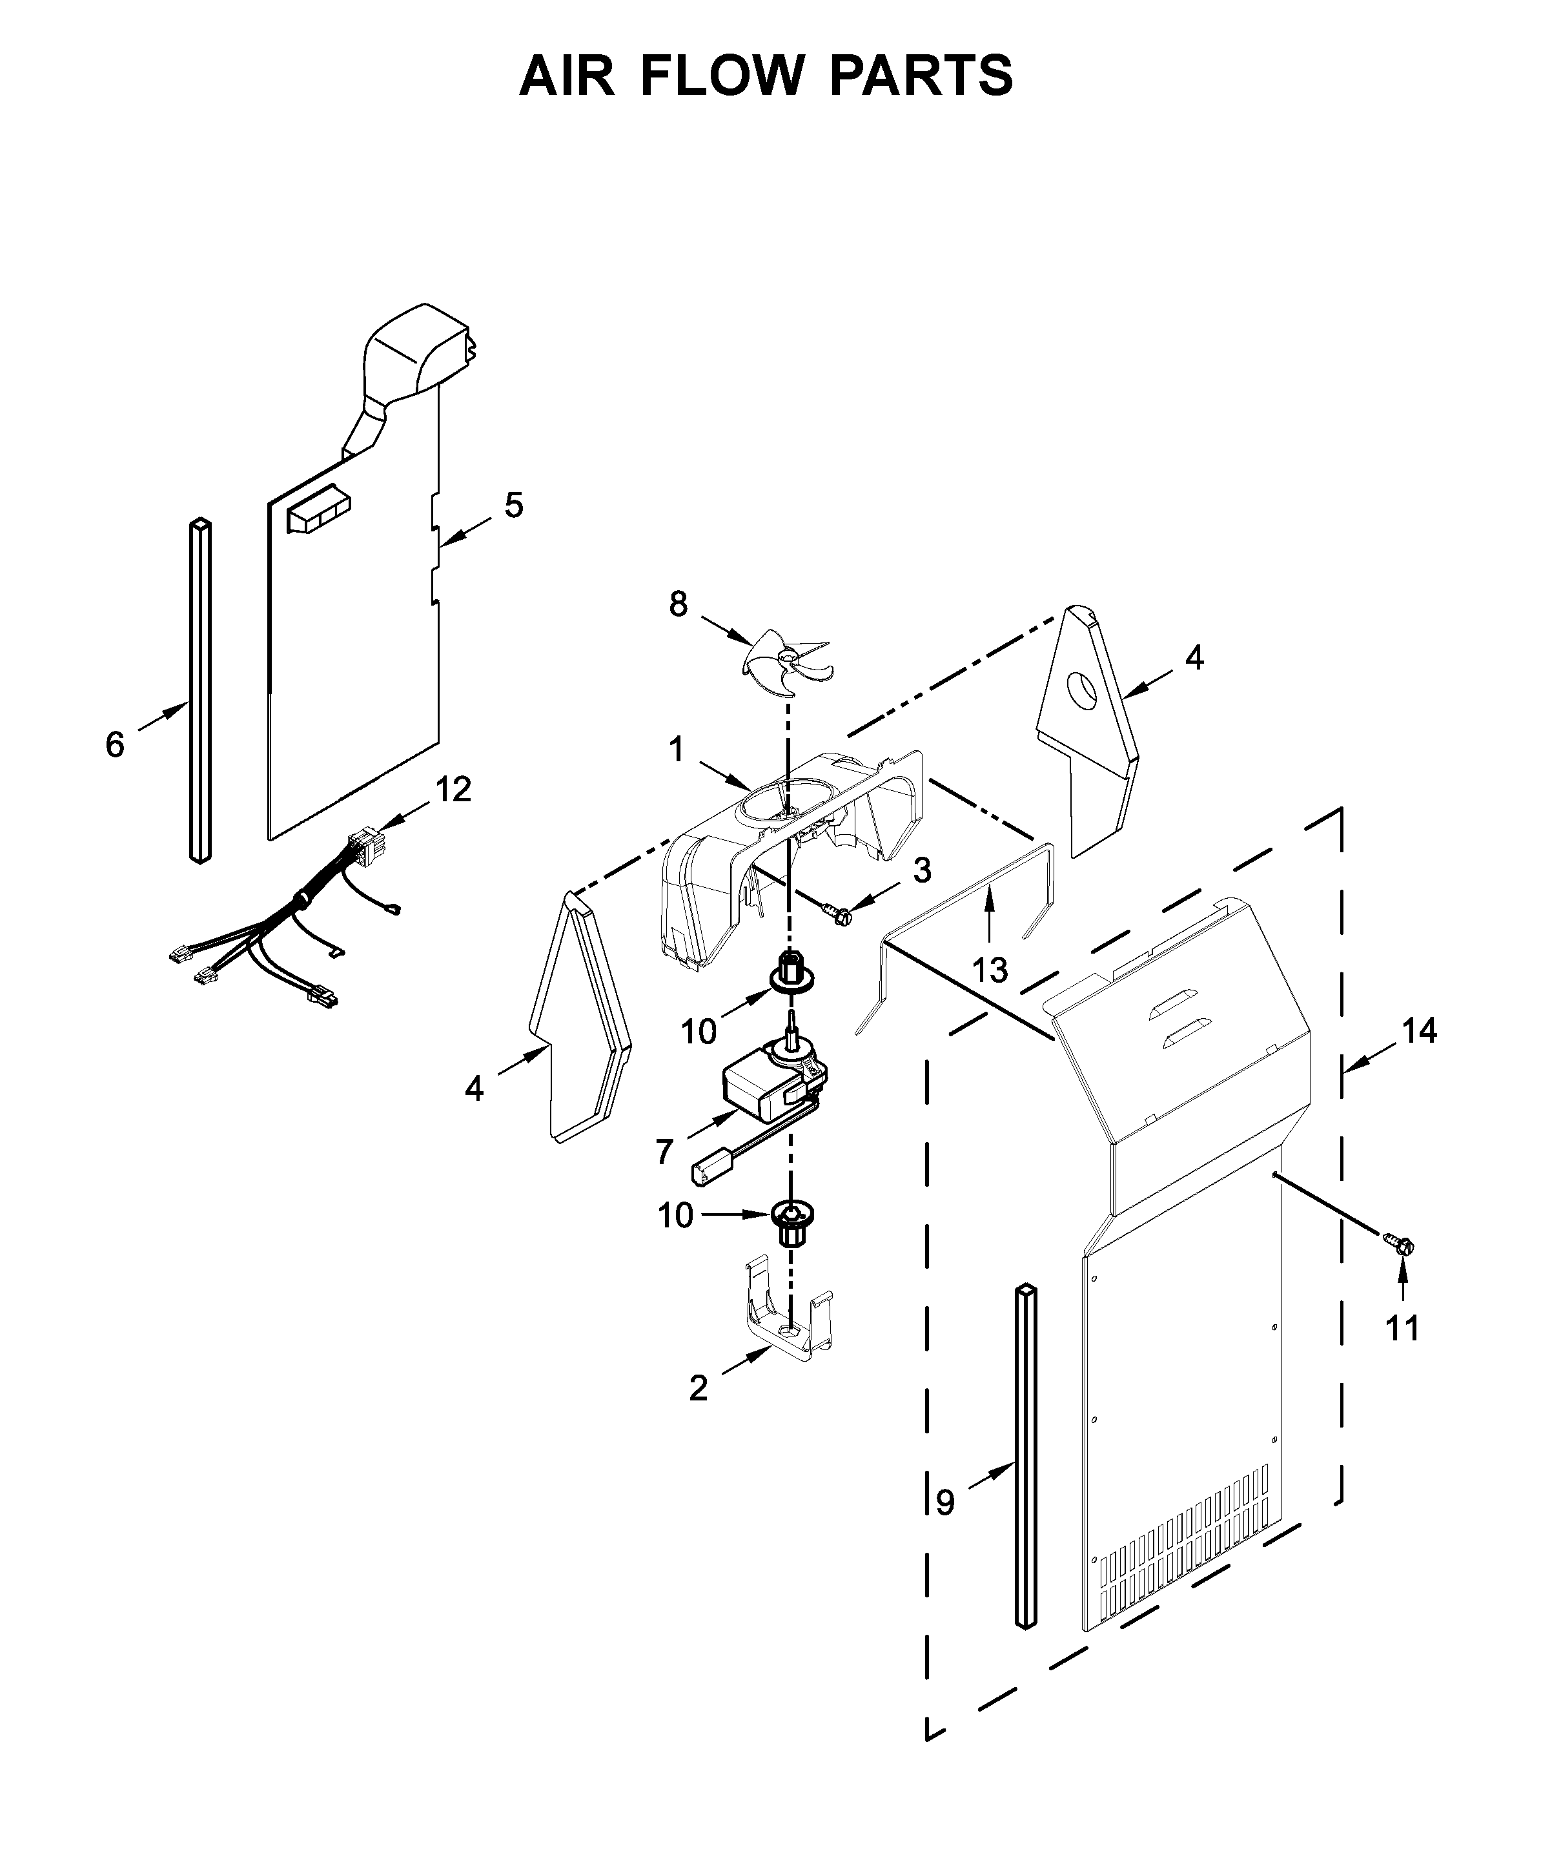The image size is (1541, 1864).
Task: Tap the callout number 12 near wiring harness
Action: coord(454,788)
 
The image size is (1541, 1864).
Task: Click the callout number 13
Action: coord(990,970)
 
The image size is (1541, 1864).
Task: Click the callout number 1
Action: coord(677,750)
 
